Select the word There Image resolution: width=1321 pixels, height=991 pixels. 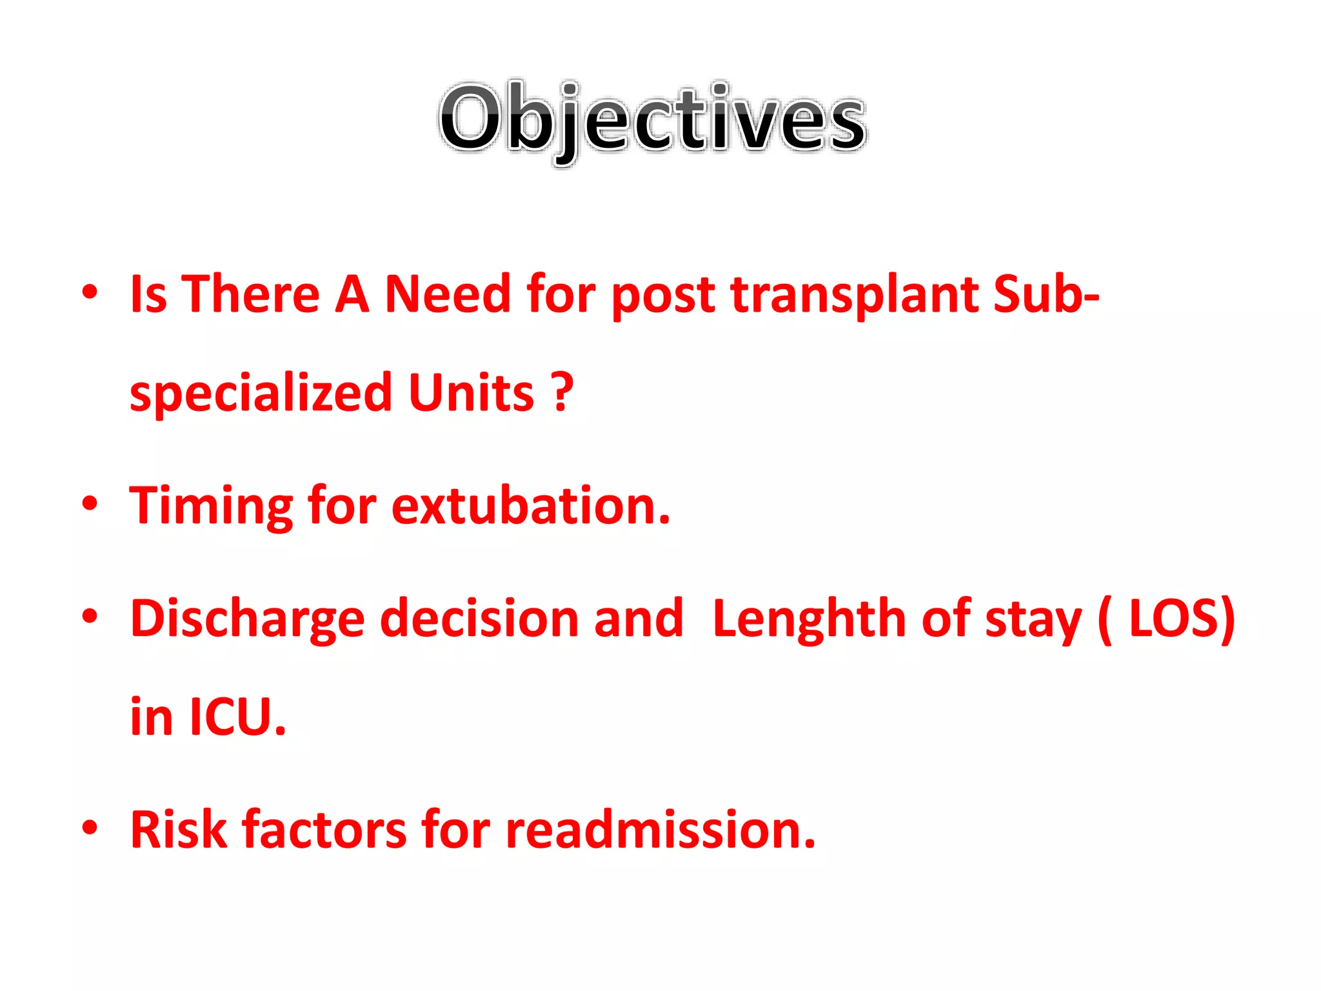pos(250,294)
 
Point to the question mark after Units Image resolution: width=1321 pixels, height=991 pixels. pos(563,392)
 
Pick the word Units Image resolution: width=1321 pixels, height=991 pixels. pos(471,392)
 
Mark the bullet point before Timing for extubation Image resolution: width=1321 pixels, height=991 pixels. pos(90,503)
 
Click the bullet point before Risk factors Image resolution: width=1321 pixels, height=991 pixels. pos(90,827)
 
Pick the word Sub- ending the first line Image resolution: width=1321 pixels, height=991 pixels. pos(1046,294)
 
